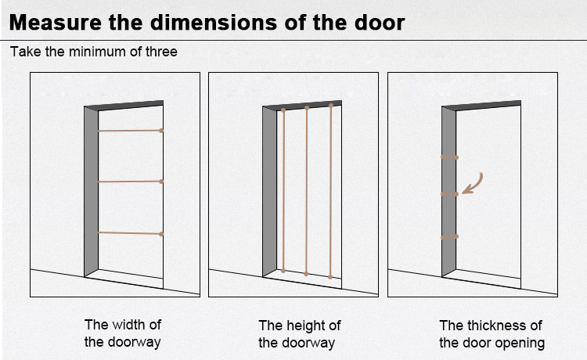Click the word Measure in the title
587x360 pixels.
point(56,23)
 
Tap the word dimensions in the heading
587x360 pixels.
point(214,23)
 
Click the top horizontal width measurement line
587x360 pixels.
point(130,131)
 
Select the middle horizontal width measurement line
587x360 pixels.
point(130,182)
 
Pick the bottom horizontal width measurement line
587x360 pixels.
point(130,233)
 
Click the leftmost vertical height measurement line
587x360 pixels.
point(283,190)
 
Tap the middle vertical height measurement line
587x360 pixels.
point(307,191)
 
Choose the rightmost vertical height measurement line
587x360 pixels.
point(330,191)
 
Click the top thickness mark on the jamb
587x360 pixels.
point(449,157)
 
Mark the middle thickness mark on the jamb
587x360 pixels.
point(449,194)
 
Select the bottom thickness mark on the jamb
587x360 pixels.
point(449,237)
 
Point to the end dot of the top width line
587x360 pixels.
point(161,131)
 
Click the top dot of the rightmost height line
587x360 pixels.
point(331,106)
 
